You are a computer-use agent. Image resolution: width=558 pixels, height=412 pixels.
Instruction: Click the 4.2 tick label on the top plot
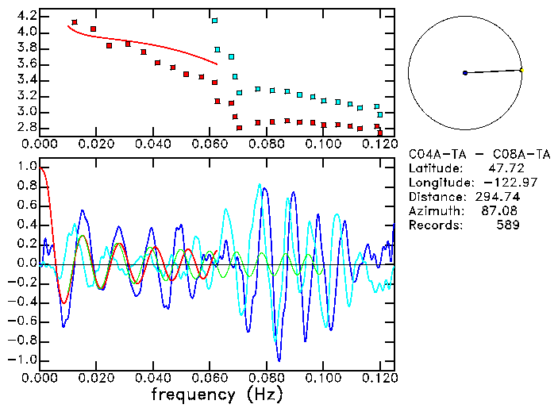point(26,16)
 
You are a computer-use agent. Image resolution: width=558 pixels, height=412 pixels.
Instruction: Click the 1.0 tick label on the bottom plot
point(26,167)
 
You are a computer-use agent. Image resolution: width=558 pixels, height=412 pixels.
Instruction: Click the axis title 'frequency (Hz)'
point(217,394)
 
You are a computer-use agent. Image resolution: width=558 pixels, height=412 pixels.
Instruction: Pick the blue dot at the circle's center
point(465,73)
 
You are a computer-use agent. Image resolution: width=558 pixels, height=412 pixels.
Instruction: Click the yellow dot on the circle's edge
point(521,70)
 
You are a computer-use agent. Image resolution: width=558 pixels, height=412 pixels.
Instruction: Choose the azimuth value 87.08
point(503,211)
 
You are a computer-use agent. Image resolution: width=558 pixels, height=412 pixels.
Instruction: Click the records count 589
point(509,225)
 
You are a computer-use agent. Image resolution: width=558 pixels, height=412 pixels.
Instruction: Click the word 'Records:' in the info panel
point(434,225)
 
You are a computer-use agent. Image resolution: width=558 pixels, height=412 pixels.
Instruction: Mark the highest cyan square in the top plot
point(214,21)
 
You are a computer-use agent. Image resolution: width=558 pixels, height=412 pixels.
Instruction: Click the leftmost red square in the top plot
point(75,22)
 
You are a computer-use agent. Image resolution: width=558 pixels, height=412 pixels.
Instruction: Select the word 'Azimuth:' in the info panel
point(434,211)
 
